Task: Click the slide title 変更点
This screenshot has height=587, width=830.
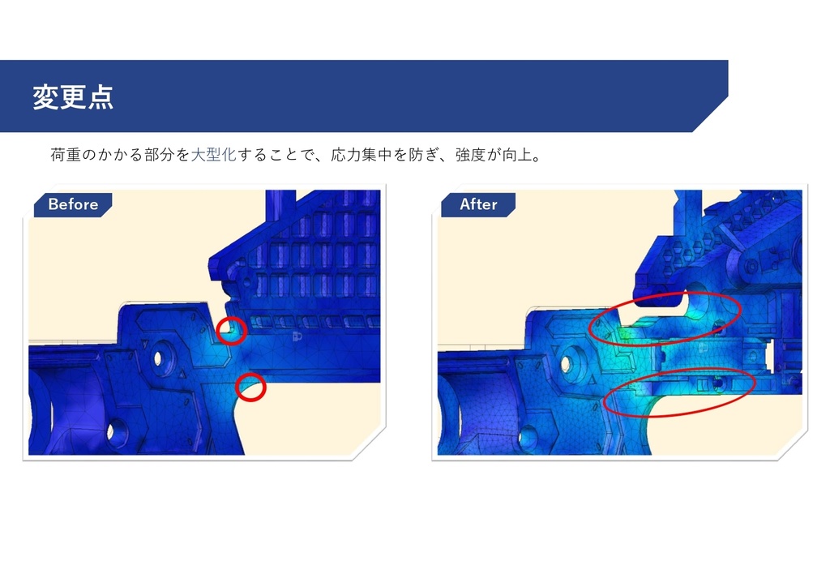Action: point(73,97)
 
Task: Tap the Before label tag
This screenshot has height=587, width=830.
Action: point(72,204)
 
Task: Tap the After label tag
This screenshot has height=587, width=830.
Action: point(478,204)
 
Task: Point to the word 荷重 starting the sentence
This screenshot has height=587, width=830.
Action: point(66,154)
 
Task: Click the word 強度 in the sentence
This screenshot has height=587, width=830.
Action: point(471,154)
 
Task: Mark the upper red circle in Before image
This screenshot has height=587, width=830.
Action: point(232,330)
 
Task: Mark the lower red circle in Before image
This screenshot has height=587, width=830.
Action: point(250,388)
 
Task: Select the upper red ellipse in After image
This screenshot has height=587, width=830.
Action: point(665,319)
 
